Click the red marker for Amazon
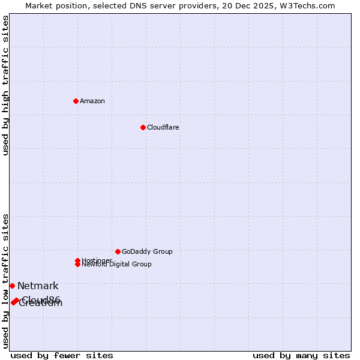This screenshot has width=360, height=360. (76, 101)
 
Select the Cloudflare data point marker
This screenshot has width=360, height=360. (143, 127)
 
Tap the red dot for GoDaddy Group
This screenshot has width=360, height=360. (118, 251)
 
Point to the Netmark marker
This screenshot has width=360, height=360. (12, 286)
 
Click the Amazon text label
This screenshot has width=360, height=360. (92, 101)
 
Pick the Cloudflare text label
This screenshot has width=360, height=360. (163, 127)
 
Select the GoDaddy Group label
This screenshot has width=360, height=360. (147, 251)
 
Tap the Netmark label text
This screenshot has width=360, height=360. (38, 286)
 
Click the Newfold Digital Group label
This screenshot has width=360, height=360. (117, 264)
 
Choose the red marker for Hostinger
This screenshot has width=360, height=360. (77, 260)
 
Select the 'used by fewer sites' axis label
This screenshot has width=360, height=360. (62, 355)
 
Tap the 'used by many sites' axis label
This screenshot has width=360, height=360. (301, 355)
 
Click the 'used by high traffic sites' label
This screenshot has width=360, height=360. (5, 86)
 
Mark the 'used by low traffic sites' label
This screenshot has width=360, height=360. (5, 280)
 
